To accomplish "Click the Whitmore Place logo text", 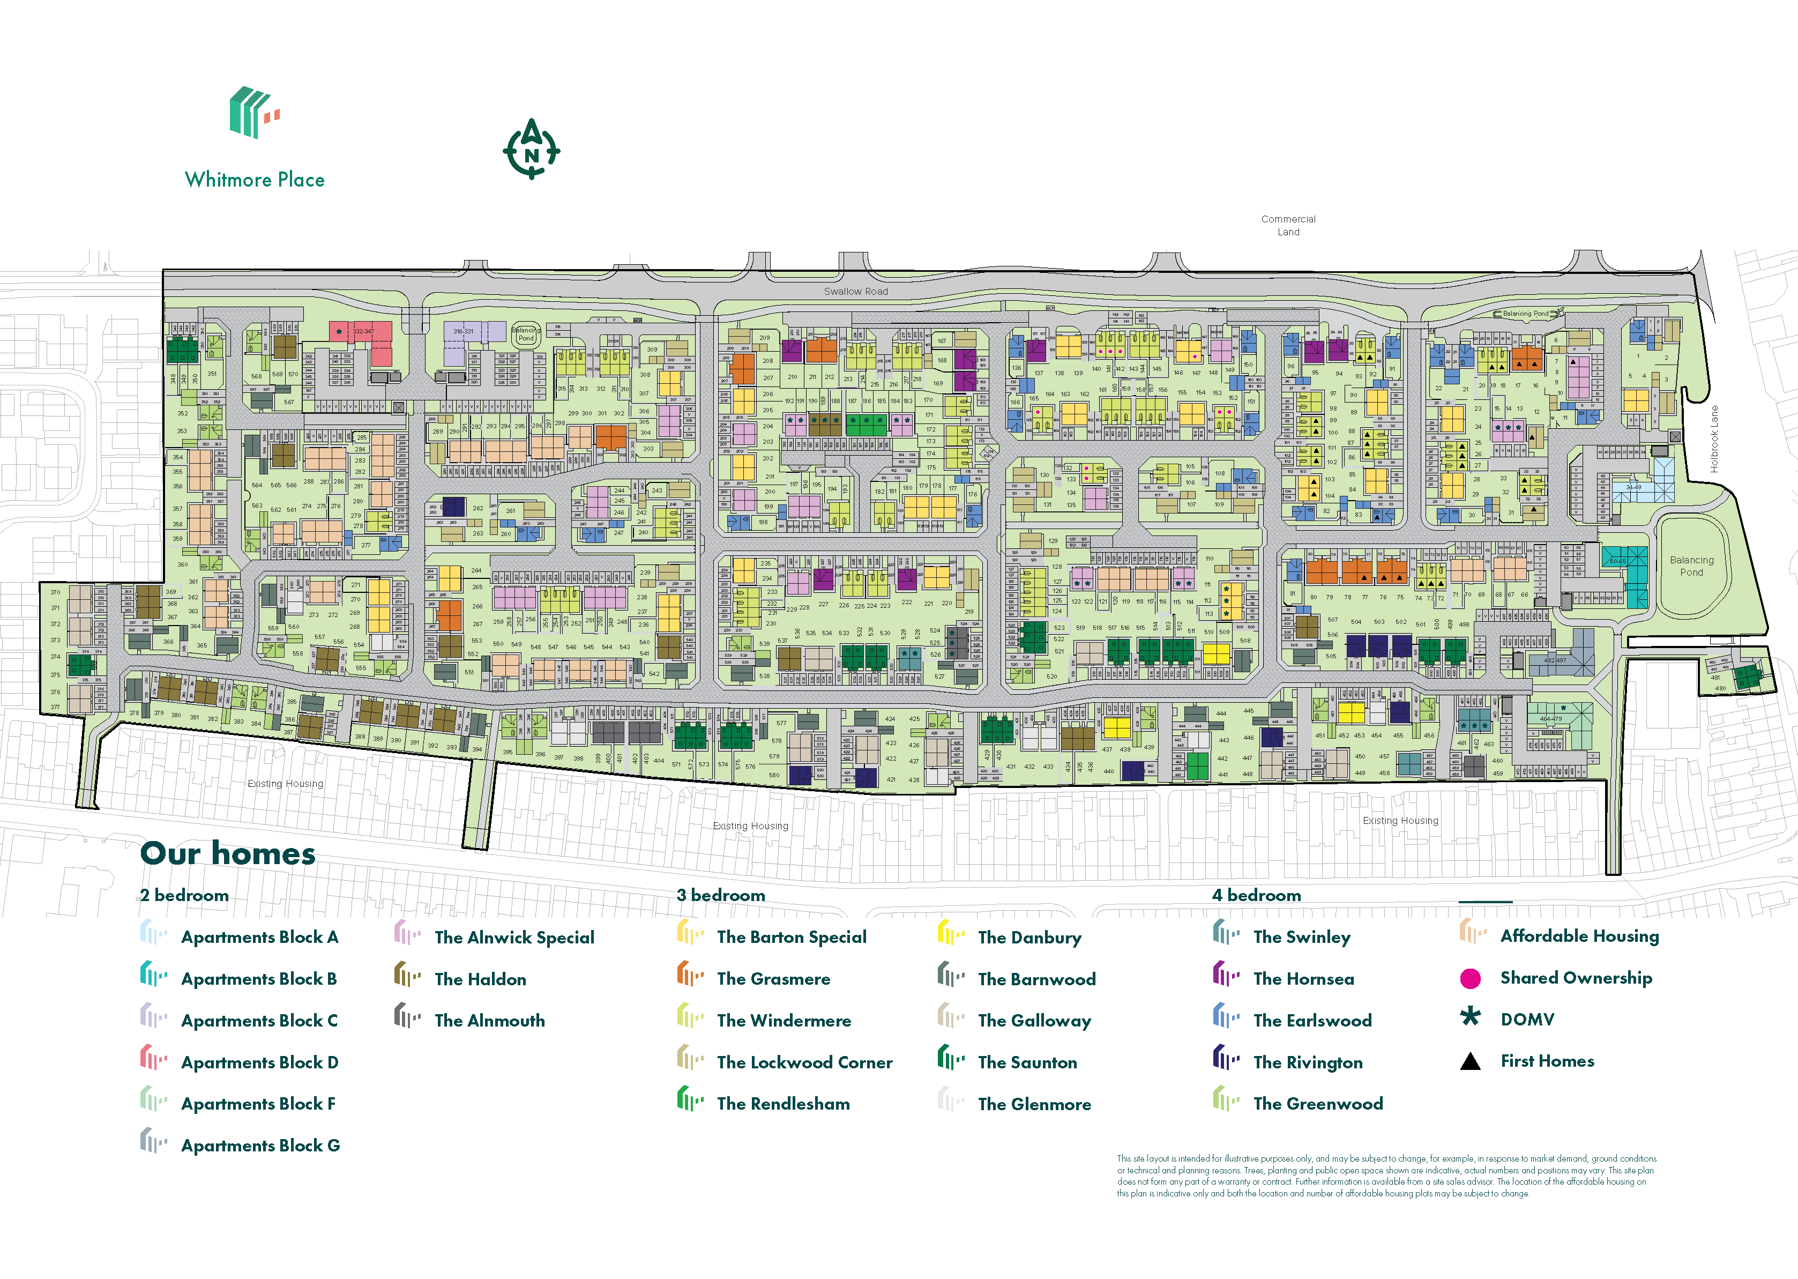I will [254, 180].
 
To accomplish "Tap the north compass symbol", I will [532, 149].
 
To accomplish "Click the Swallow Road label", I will [856, 292].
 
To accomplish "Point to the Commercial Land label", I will [1288, 225].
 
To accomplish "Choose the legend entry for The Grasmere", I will [773, 979].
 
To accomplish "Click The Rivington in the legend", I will [1308, 1062].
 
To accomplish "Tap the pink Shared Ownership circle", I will [1469, 979].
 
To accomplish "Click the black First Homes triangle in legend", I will [1469, 1061].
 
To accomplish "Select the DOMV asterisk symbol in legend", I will [1469, 1017].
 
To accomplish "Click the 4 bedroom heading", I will [1256, 895].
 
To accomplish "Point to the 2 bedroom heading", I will [184, 895].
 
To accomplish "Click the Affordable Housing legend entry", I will [1579, 936].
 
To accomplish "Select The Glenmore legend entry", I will [1034, 1104].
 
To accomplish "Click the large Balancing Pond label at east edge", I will [1691, 566].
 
